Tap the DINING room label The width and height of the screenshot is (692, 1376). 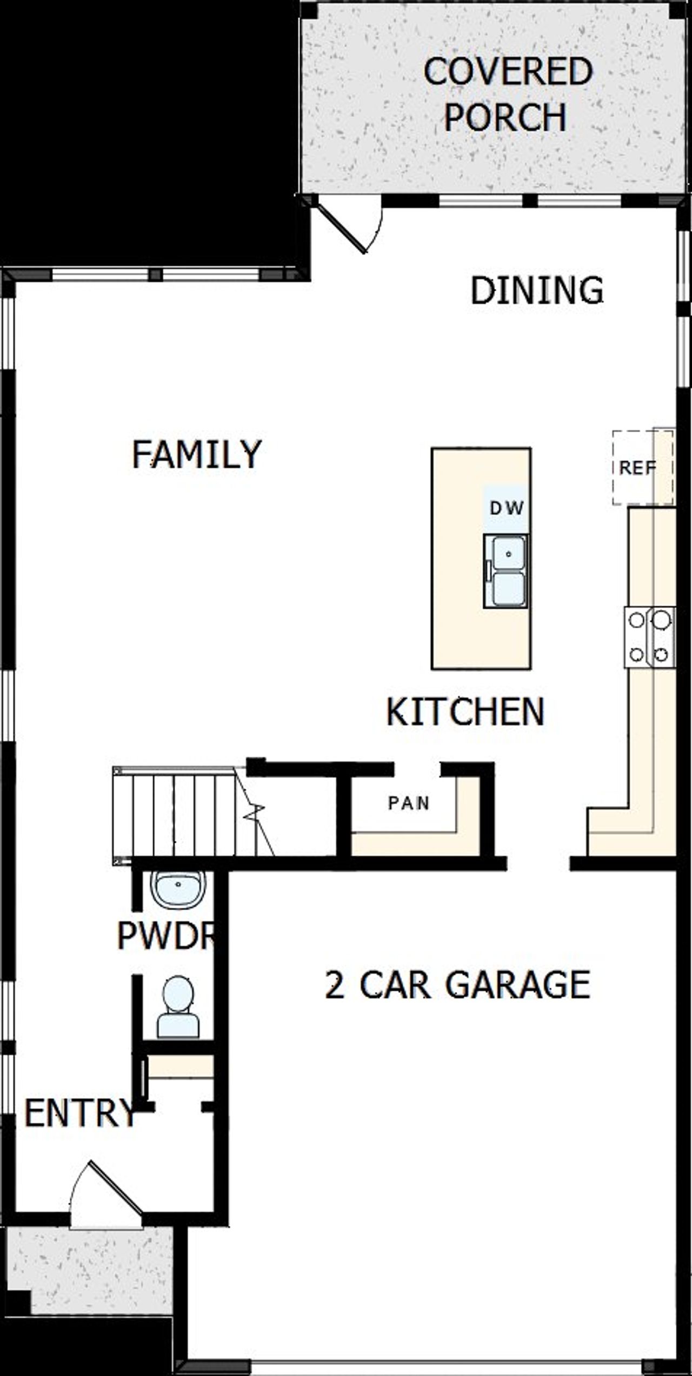tap(536, 290)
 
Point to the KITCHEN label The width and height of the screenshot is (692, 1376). tap(465, 712)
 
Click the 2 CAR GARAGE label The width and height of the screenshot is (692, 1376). tap(457, 985)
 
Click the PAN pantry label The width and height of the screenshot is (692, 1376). tap(409, 803)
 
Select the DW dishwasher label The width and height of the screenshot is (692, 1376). tap(507, 508)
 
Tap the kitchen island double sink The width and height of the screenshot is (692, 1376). tap(505, 572)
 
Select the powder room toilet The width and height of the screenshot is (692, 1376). tap(178, 1008)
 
